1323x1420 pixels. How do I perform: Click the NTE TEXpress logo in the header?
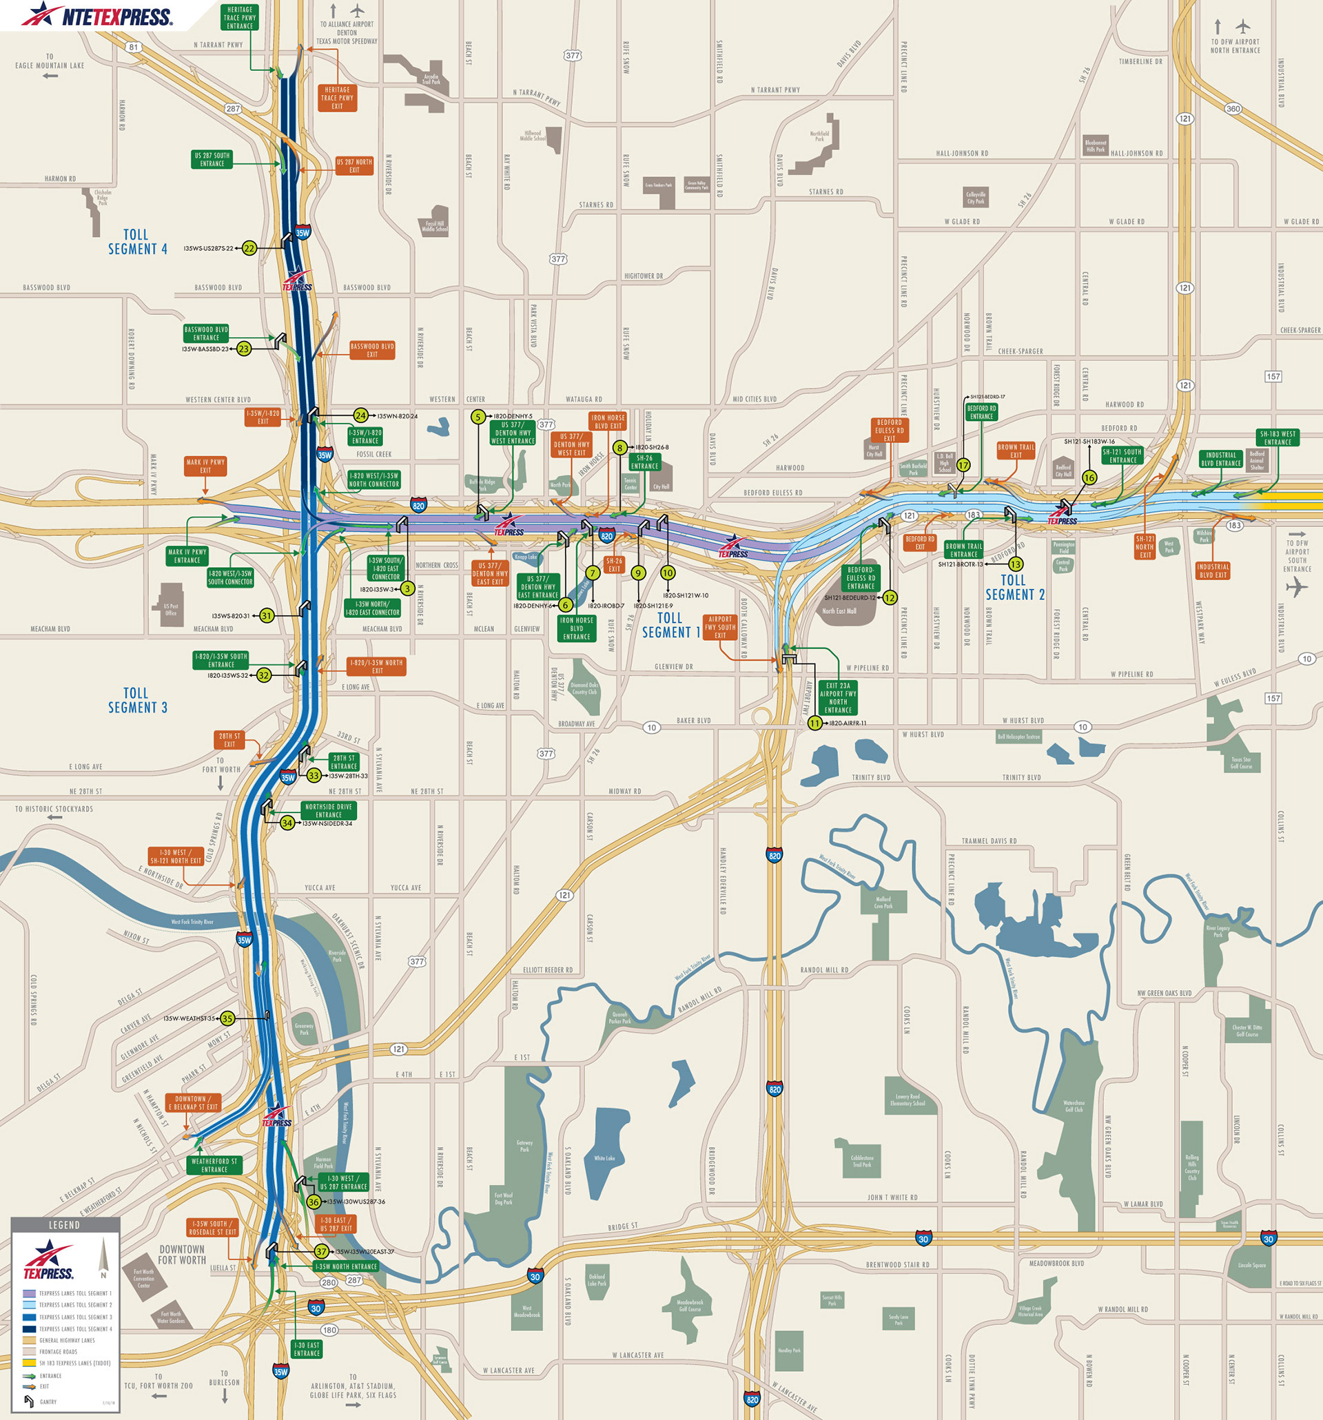click(97, 15)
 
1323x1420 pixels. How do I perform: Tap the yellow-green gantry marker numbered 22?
click(249, 249)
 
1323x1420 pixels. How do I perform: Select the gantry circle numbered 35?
click(227, 1018)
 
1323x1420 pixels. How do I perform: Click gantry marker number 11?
click(815, 723)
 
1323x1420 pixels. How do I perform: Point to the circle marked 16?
click(1089, 477)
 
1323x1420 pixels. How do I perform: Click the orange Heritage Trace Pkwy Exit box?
click(336, 98)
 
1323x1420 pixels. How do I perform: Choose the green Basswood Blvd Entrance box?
click(206, 333)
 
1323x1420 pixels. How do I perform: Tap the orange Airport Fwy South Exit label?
click(720, 627)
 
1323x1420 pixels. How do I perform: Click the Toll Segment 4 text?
click(137, 241)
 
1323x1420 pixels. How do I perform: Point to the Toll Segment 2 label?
click(1014, 587)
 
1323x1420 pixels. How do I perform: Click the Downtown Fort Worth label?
click(181, 1255)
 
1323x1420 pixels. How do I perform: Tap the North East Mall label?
click(839, 610)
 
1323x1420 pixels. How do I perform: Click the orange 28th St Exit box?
click(229, 739)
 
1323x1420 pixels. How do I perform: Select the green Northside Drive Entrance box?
click(329, 810)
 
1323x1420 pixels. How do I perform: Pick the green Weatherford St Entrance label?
click(214, 1165)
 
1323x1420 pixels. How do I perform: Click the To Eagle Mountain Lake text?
click(50, 61)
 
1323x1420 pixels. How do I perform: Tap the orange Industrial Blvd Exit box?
click(1212, 570)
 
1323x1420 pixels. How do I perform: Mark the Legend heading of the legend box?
click(64, 1225)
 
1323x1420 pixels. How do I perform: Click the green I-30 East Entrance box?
click(307, 1348)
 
